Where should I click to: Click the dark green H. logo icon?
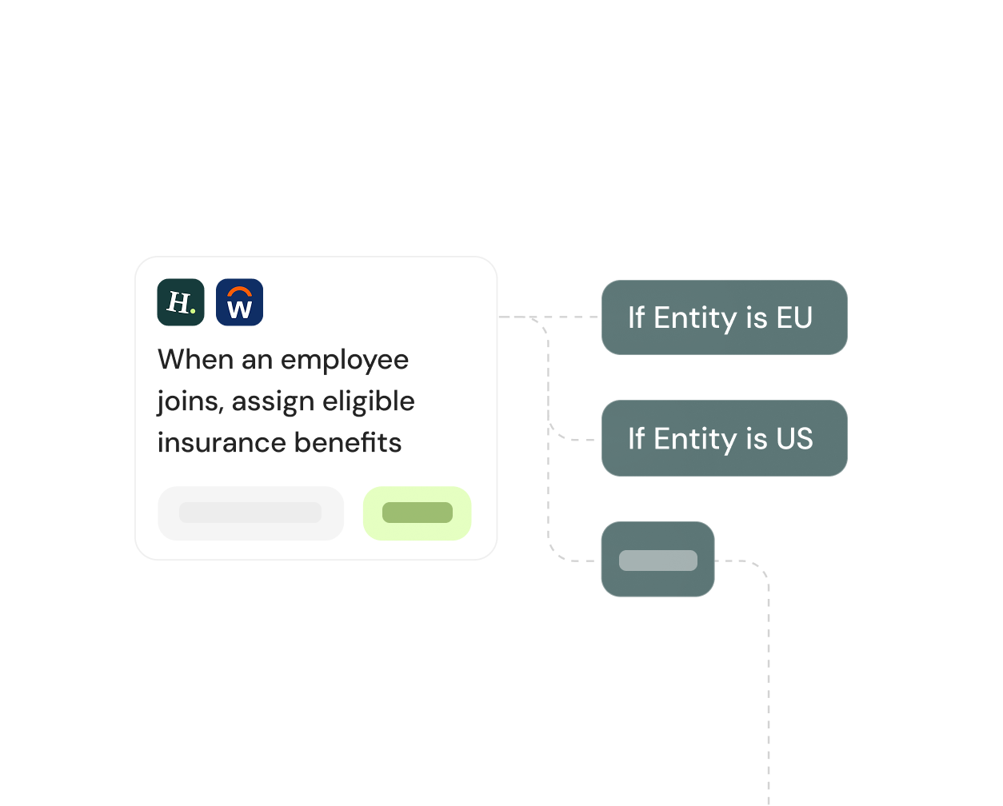[x=181, y=302]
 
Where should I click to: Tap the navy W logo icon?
[x=239, y=302]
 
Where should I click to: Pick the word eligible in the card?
[x=369, y=401]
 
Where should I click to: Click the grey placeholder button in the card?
[x=250, y=513]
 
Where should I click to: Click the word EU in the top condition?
[x=794, y=317]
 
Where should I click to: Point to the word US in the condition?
[x=794, y=438]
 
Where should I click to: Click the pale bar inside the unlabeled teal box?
[x=657, y=561]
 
